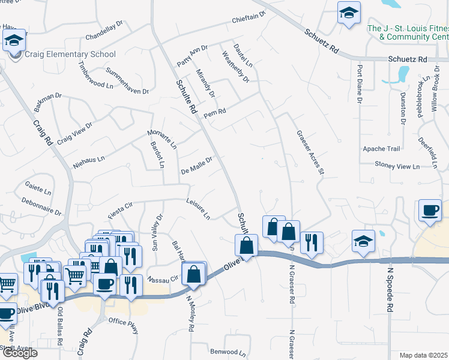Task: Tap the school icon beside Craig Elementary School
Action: point(13,40)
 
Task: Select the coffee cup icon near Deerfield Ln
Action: point(430,210)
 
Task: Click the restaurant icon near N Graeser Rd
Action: point(311,242)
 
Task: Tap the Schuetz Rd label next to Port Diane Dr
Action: point(406,60)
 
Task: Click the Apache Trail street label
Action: point(381,148)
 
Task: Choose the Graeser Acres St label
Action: point(310,154)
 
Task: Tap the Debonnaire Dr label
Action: point(41,206)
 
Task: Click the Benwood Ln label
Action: point(228,351)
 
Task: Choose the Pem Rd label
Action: point(214,112)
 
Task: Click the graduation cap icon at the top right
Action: point(348,13)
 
